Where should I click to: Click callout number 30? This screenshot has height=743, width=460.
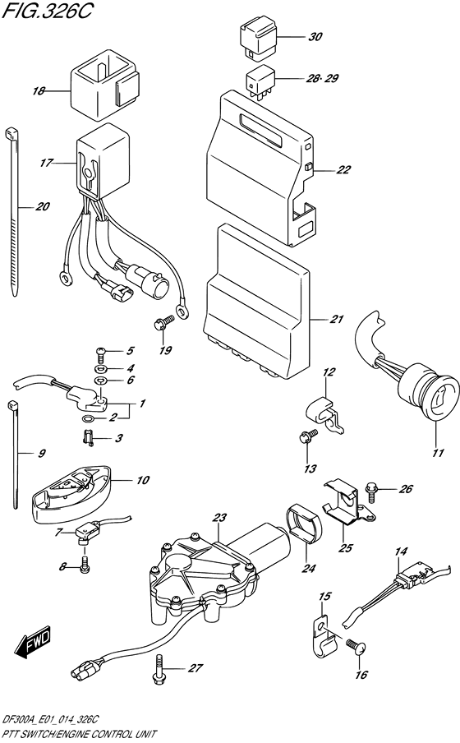tap(315, 37)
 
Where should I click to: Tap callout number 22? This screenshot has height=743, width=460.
tap(343, 169)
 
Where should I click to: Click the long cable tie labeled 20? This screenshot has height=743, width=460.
tap(13, 211)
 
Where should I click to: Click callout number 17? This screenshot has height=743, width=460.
tap(46, 163)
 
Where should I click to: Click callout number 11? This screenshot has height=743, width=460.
tap(438, 453)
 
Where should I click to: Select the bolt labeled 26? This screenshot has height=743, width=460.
tap(370, 490)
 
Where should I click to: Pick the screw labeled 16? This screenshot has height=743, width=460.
tap(356, 645)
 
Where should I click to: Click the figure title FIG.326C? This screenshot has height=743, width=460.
tap(45, 12)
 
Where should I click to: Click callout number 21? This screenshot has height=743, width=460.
tap(336, 320)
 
